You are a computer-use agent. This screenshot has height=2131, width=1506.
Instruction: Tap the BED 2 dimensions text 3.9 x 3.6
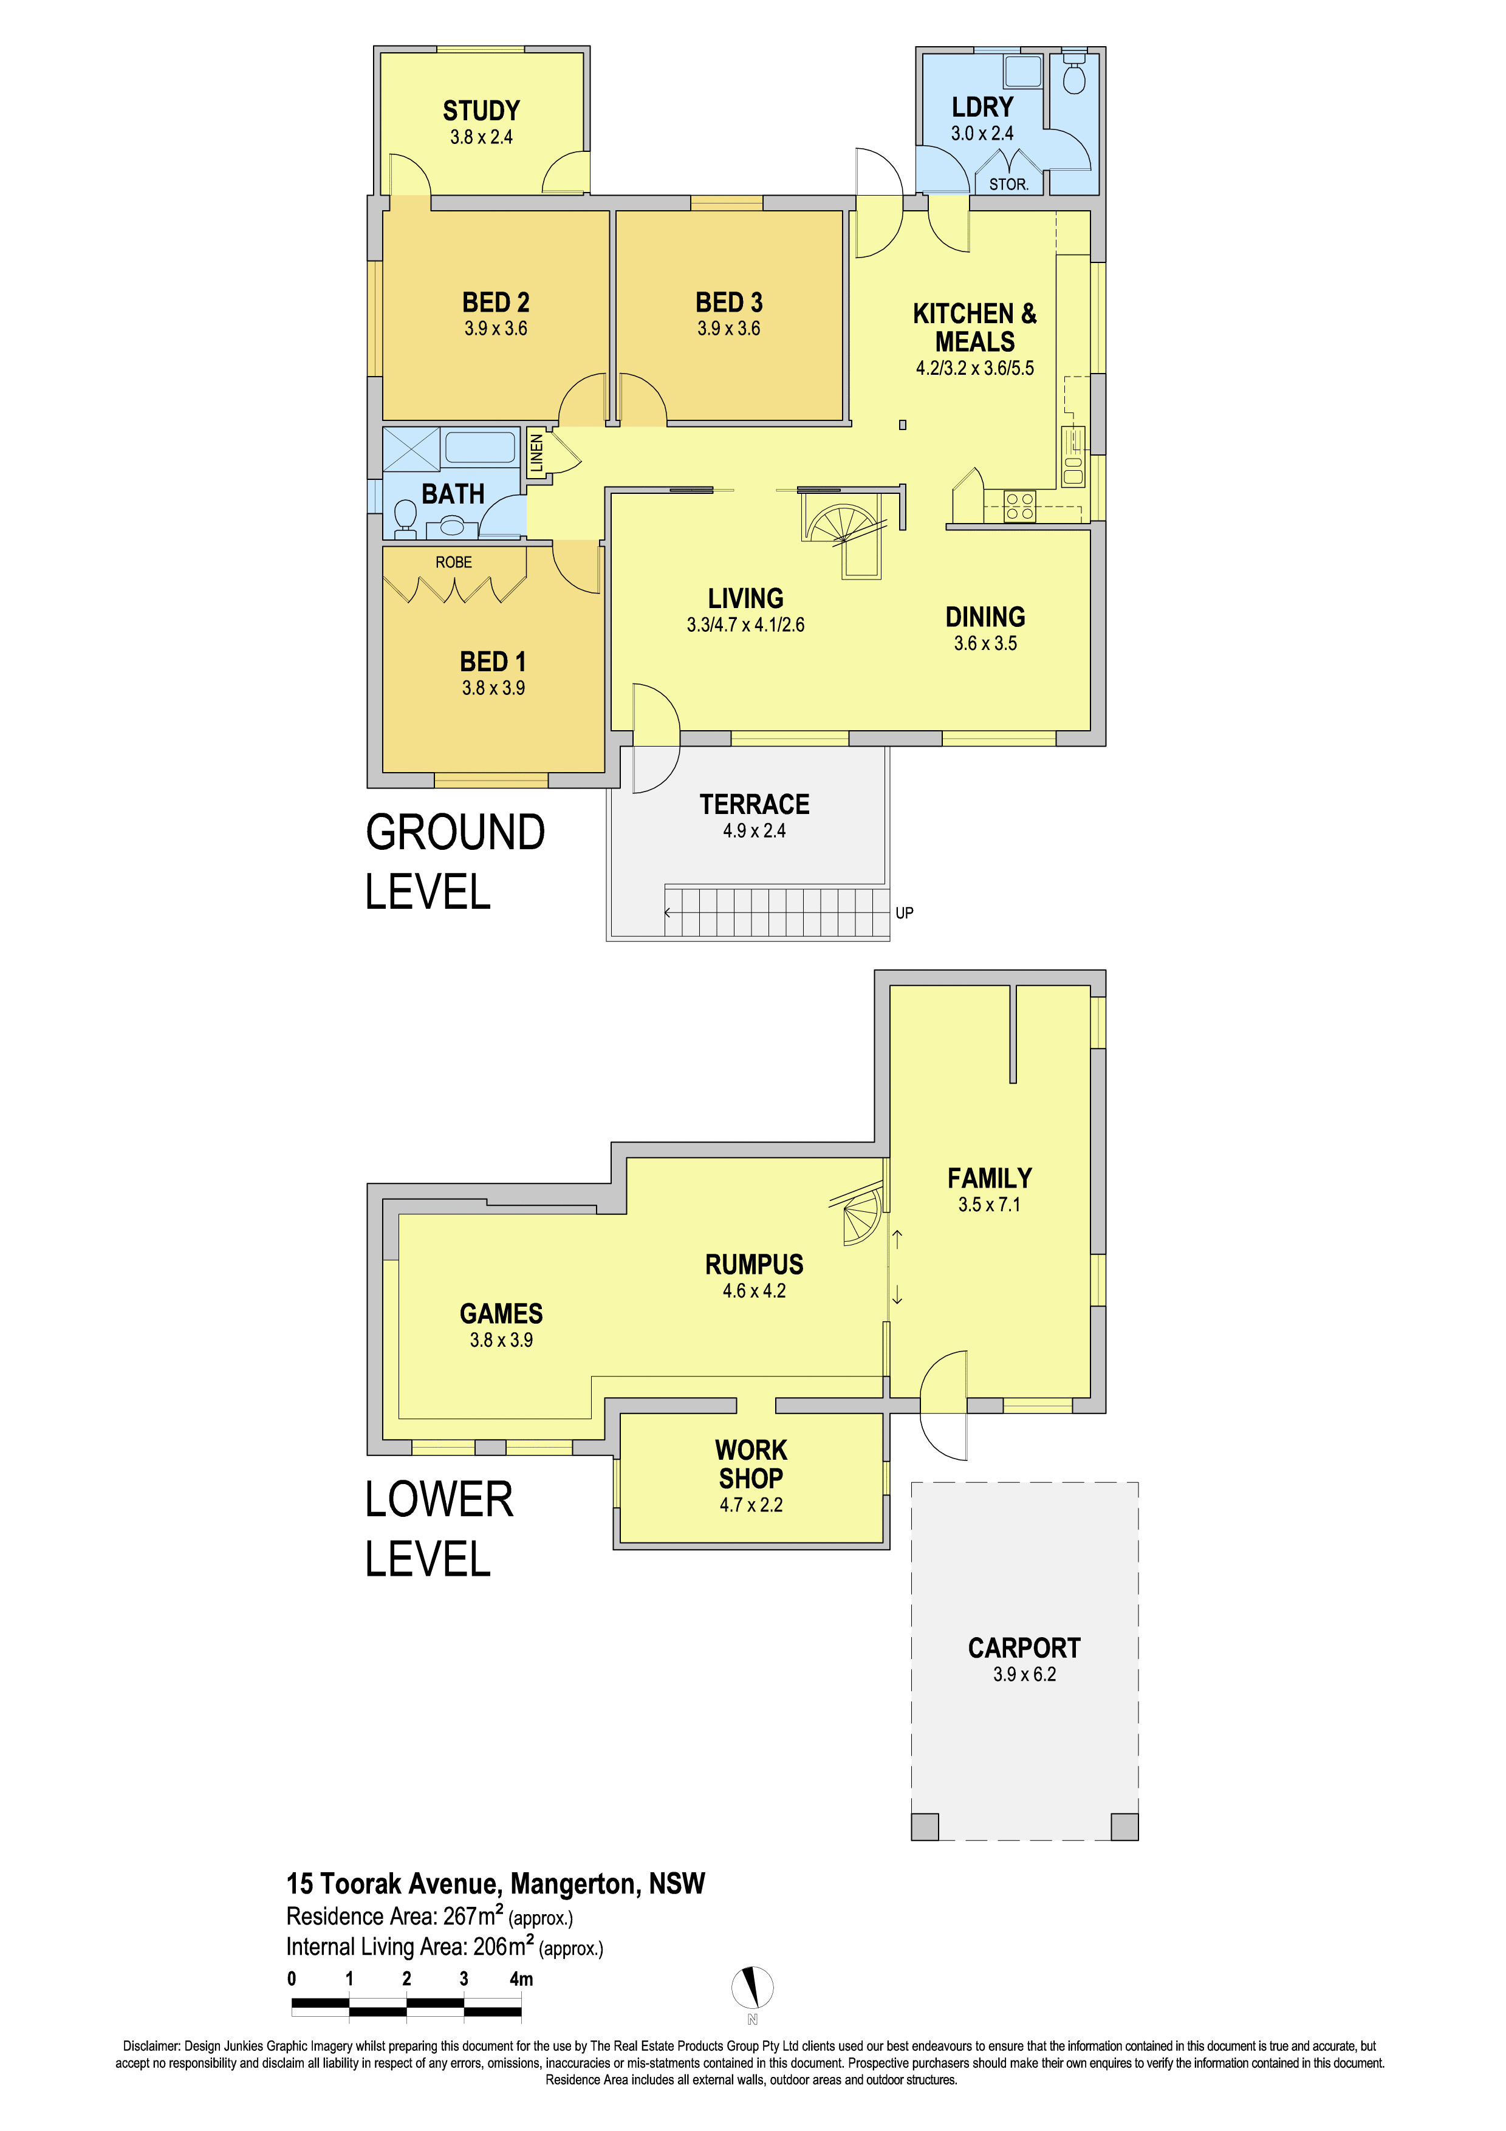tap(496, 329)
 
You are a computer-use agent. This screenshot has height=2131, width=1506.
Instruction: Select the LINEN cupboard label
tap(536, 454)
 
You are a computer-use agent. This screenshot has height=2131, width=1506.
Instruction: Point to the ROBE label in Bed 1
tap(454, 563)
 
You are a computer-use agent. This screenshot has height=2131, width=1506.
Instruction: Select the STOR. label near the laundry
tap(1008, 185)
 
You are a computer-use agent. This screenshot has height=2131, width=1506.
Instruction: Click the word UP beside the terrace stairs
tap(905, 913)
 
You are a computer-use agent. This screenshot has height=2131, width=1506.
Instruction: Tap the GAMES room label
tap(501, 1313)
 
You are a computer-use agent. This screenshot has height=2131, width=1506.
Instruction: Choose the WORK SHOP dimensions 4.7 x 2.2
tap(751, 1505)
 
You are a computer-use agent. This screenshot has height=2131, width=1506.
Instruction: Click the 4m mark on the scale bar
tap(521, 1979)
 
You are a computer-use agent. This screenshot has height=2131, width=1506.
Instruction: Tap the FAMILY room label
tap(989, 1178)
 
